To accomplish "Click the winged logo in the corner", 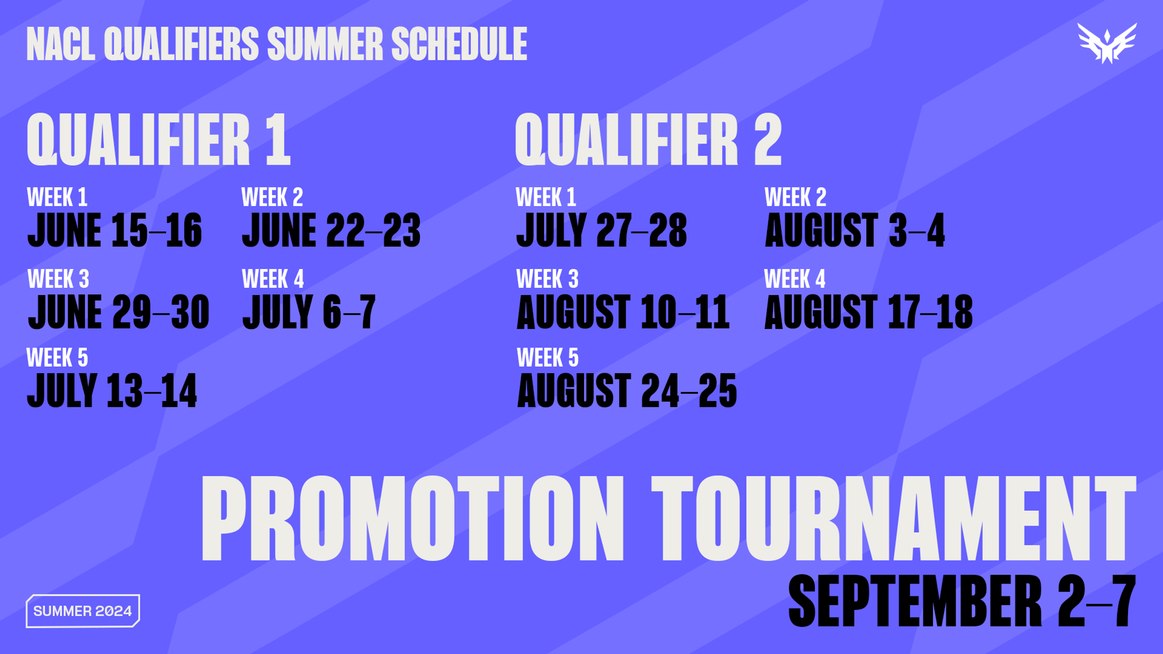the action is point(1107,43).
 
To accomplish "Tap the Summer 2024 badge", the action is point(83,611).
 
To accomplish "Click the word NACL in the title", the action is point(61,44).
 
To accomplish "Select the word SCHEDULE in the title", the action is point(459,44).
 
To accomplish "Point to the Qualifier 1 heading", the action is point(158,140).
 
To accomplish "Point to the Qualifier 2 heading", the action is point(648,140).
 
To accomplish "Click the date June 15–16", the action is point(115,230).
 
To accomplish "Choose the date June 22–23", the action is point(331,230).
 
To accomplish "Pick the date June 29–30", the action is point(118,312).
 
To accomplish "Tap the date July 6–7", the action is point(309,312).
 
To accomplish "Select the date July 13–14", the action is point(112,390).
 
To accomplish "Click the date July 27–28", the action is point(602,230).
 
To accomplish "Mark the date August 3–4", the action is point(855,230).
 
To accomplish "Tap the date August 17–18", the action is point(869,312).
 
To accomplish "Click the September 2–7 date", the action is point(962,601).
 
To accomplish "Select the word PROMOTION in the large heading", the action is point(413,518).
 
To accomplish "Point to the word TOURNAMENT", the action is point(893,518).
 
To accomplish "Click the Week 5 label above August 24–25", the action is point(548,358).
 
